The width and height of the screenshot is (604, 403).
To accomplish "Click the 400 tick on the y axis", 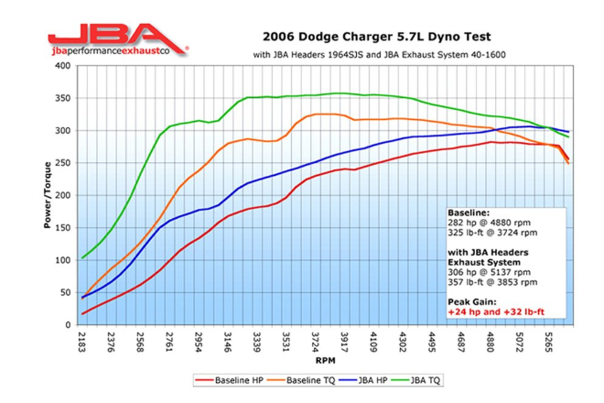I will coord(64,66).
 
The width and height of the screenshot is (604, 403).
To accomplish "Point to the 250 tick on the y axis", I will coord(64,163).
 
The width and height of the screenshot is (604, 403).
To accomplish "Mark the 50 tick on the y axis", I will coord(66,292).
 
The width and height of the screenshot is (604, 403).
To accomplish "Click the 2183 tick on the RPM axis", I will coord(83,343).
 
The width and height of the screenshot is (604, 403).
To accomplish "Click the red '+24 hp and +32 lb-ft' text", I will coord(497,311).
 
